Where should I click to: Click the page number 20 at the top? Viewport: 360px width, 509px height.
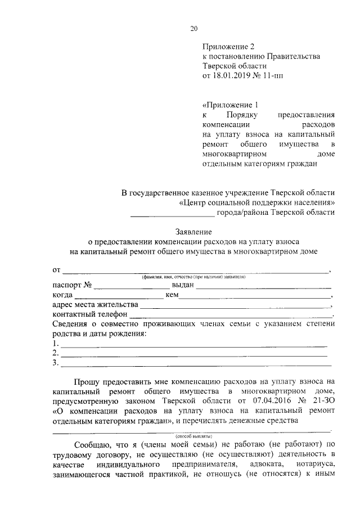pos(194,29)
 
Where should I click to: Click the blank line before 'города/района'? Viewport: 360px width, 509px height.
pos(172,213)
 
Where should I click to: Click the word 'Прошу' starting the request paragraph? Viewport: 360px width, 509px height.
pos(88,381)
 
